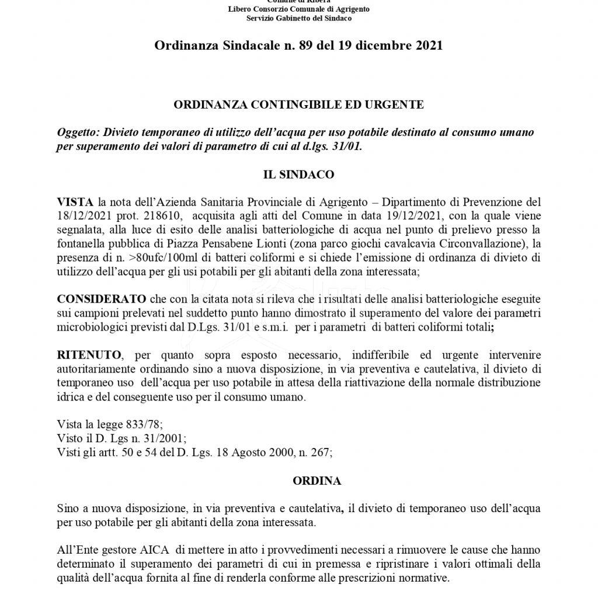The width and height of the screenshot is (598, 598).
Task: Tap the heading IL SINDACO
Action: (298, 174)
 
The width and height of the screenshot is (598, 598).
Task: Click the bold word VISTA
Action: (75, 202)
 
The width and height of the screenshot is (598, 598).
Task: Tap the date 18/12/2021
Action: (81, 215)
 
